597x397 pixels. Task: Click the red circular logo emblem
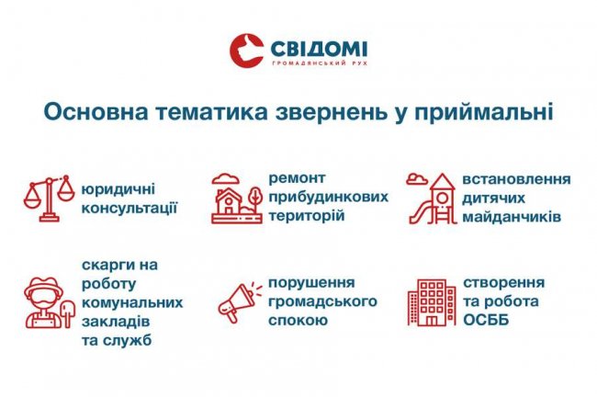tap(248, 52)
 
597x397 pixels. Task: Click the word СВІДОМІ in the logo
tap(318, 48)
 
